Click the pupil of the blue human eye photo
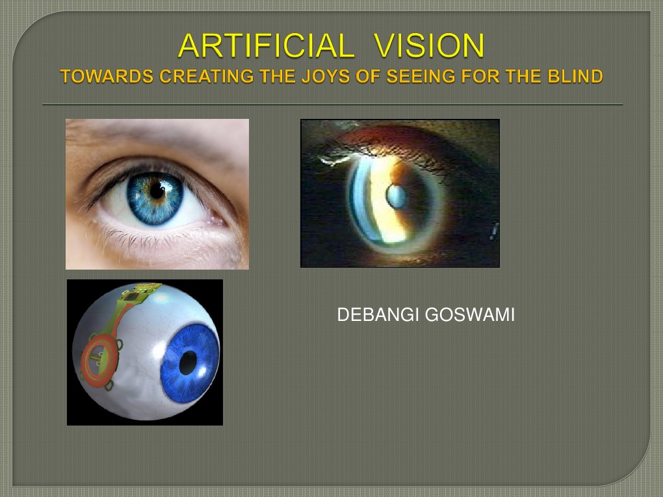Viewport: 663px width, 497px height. point(157,191)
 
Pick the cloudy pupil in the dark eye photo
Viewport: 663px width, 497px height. point(395,194)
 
